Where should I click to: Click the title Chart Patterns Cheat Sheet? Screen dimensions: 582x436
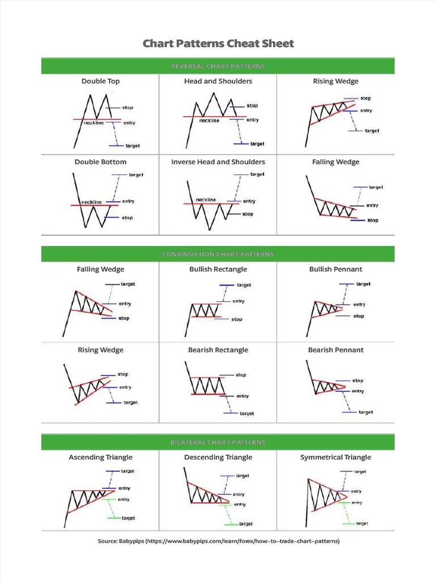click(218, 44)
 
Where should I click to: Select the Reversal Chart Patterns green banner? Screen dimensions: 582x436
click(218, 66)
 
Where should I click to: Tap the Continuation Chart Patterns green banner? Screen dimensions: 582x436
click(218, 254)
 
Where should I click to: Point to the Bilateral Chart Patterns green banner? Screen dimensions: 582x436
click(218, 442)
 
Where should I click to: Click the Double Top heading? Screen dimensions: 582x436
click(100, 81)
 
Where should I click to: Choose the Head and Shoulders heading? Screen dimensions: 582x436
click(218, 81)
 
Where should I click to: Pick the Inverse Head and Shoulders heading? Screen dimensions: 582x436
click(218, 162)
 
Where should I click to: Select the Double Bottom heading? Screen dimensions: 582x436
click(100, 162)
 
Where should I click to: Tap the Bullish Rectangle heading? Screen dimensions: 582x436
click(218, 269)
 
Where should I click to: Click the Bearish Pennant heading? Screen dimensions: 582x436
click(336, 350)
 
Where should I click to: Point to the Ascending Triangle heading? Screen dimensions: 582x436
click(100, 458)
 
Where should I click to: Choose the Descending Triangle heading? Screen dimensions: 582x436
click(218, 458)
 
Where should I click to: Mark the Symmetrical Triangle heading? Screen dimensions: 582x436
click(336, 458)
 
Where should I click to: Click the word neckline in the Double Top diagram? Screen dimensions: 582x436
click(94, 123)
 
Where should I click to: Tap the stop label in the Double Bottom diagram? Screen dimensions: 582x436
click(127, 218)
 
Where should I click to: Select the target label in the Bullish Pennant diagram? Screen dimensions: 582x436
click(363, 284)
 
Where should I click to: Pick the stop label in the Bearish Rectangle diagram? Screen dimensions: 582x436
click(241, 375)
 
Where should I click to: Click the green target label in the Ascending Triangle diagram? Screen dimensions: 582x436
click(128, 518)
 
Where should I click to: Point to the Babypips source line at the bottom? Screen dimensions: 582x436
click(218, 542)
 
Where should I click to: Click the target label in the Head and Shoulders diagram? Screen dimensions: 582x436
click(257, 144)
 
